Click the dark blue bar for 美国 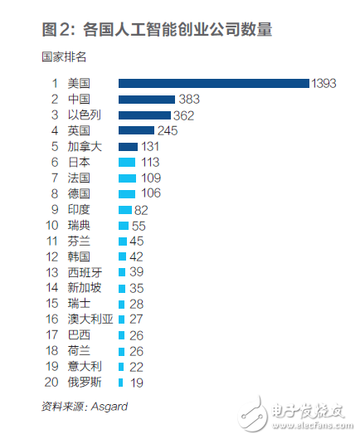pos(213,83)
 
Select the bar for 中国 pos(147,99)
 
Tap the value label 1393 pos(324,83)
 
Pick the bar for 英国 pos(137,130)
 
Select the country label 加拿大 pos(84,146)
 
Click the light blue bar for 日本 pos(127,162)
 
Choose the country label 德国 pos(79,193)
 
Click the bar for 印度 pos(125,209)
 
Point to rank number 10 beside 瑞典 pos(51,225)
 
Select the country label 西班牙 pos(84,272)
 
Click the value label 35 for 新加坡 pos(137,288)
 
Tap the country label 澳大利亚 pos(89,319)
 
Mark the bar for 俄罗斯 pos(120,383)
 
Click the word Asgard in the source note pos(109,406)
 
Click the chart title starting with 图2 pos(157,29)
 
